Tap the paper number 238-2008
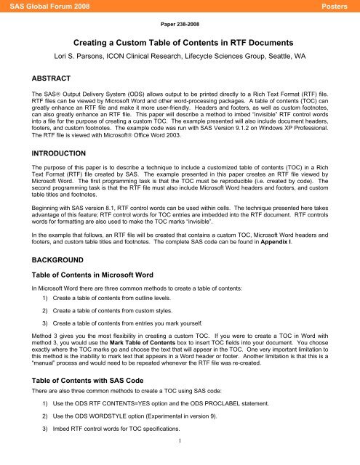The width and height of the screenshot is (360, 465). click(179, 23)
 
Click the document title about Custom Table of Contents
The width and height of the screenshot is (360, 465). click(179, 43)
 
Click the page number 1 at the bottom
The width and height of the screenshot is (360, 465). click(179, 459)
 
